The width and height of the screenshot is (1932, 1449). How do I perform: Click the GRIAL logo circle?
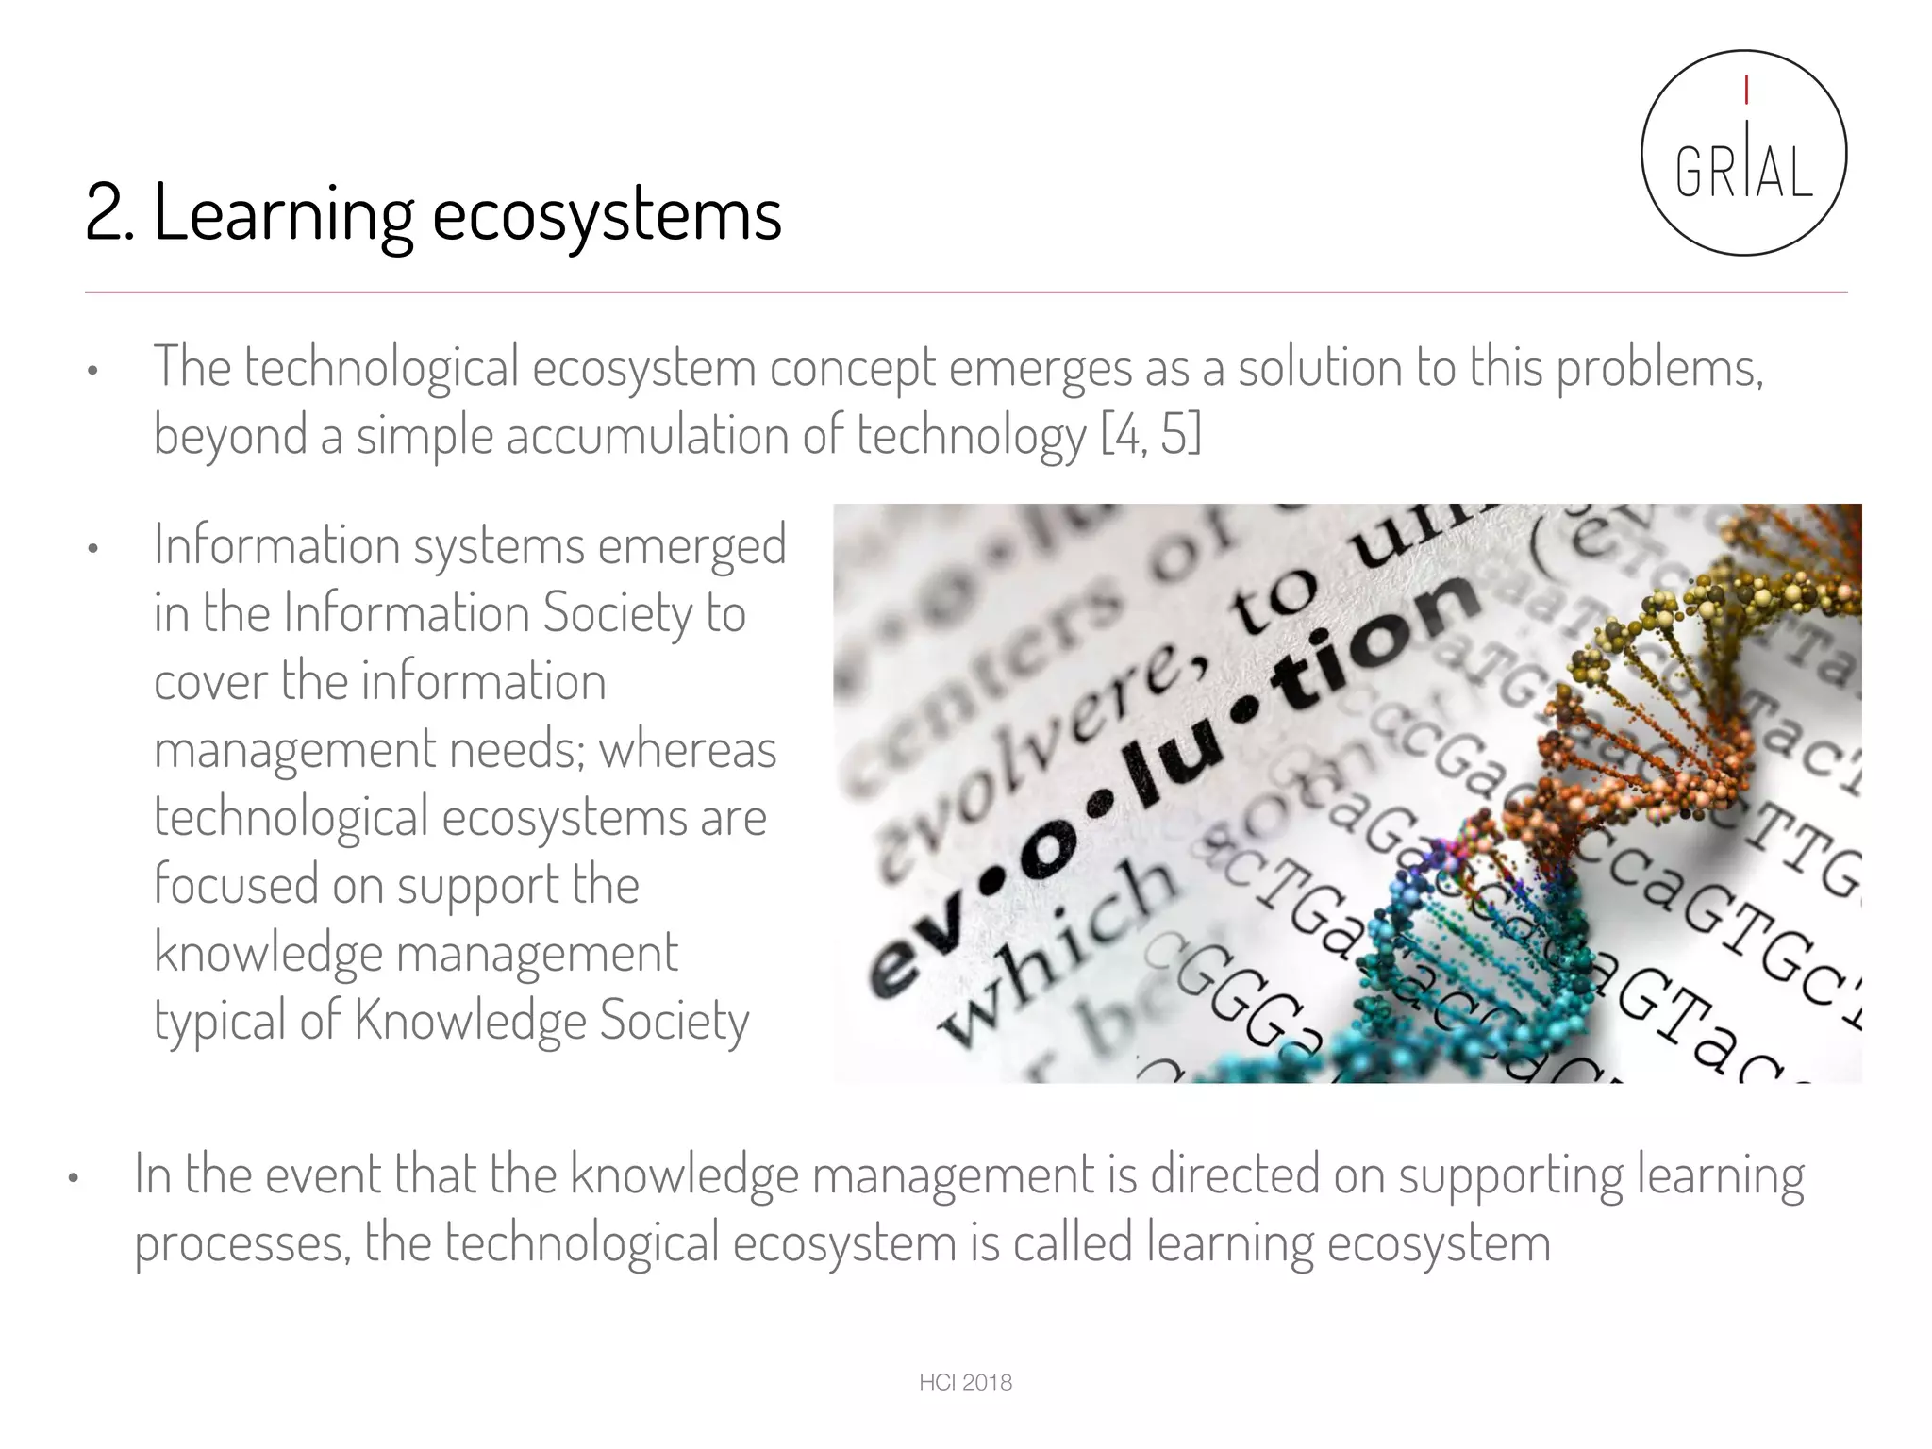(1743, 153)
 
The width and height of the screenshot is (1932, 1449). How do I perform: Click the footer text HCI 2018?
(965, 1383)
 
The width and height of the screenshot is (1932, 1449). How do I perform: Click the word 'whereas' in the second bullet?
(688, 750)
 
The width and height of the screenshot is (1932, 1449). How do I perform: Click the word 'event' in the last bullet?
(322, 1175)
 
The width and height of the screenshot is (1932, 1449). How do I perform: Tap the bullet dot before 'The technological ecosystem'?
(92, 371)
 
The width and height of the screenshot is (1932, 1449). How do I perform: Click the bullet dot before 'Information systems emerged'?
(92, 549)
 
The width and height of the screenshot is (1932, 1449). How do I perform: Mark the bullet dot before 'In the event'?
(74, 1178)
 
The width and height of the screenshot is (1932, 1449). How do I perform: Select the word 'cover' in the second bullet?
(210, 682)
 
